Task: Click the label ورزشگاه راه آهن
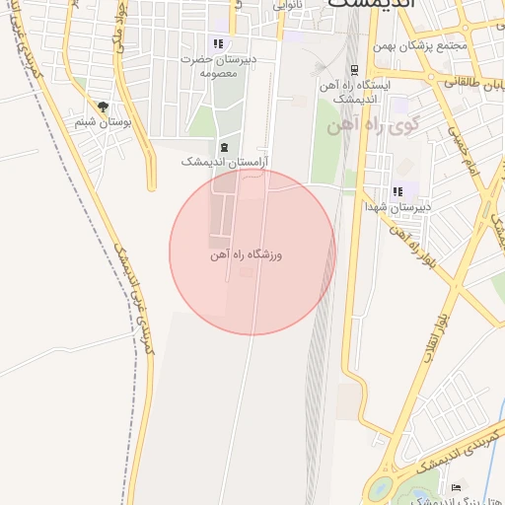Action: tap(246, 254)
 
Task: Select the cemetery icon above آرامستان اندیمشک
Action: tap(225, 148)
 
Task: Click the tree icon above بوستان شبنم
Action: tap(102, 107)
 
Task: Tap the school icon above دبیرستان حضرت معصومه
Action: tap(218, 44)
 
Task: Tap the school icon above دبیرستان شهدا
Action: tap(398, 191)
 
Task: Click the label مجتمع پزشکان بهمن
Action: tap(423, 46)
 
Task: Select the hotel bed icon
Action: tap(456, 487)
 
